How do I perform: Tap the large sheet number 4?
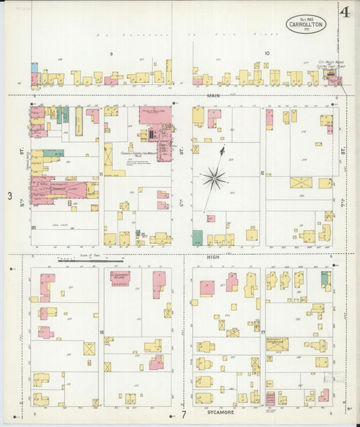coord(344,13)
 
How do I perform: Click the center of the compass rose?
coord(214,178)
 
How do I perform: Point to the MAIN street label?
coord(214,96)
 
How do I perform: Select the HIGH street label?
coord(214,257)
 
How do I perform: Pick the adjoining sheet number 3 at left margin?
coord(9,196)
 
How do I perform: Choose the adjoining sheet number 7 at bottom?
coord(182,414)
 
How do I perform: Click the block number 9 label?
coord(111,53)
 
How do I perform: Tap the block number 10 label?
coord(266,53)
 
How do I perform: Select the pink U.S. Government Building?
coord(120,277)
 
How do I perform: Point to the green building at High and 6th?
coord(197,237)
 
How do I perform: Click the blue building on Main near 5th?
coord(34,68)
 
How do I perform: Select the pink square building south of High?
coord(207,288)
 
